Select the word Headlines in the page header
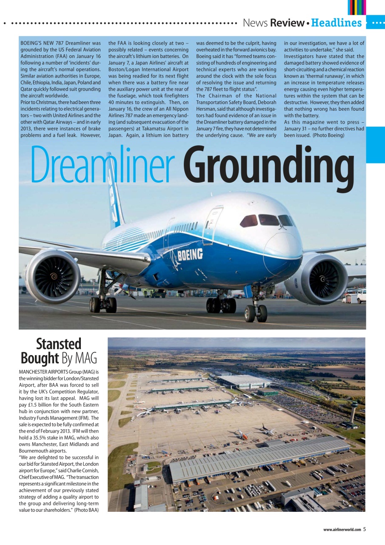coord(336,23)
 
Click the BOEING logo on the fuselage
coord(190,255)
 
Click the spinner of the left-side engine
coord(54,276)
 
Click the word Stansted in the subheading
coord(59,344)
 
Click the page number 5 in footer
coord(365,529)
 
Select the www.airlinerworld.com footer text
coord(342,530)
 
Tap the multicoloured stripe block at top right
coord(356,7)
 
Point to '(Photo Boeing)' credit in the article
coord(328,135)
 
